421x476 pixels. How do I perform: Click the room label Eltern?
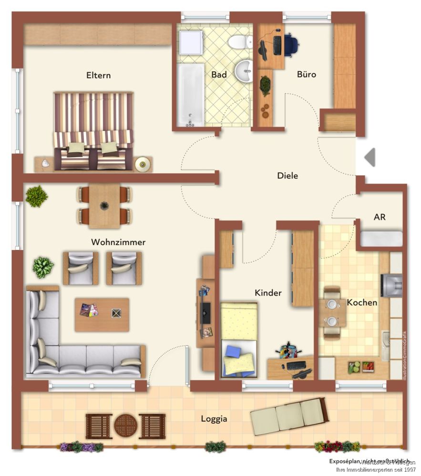coord(98,75)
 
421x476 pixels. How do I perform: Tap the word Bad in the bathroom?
coord(219,75)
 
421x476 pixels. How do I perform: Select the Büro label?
coord(307,74)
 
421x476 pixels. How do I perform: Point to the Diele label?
coord(288,176)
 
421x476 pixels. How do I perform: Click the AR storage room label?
coord(380,217)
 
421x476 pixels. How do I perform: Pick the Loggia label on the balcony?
coord(214,419)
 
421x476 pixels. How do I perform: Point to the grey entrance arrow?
coord(370,157)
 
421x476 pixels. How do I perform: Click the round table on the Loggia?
coord(126,426)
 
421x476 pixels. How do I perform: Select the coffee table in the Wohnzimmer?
coord(102,314)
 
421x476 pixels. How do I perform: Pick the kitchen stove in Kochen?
coord(391,285)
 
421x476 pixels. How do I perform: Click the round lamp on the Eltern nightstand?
coord(142,164)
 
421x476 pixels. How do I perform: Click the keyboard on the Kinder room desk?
coord(296,366)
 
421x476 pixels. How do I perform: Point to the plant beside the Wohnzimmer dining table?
coord(36,196)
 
